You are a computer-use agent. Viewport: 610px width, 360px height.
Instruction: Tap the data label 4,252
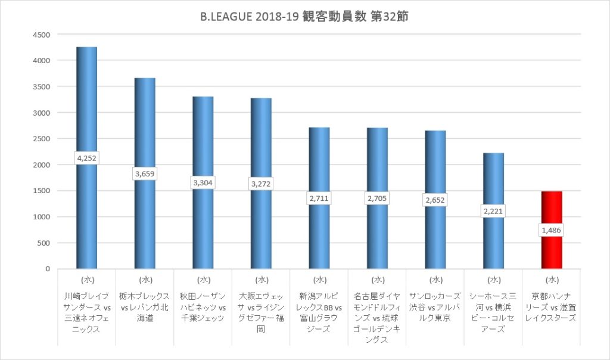(x=86, y=158)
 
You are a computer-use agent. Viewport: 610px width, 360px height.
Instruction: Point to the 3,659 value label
(x=144, y=173)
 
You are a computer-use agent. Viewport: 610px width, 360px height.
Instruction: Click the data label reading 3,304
(x=203, y=183)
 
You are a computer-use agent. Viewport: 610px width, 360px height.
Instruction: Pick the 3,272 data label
(x=260, y=184)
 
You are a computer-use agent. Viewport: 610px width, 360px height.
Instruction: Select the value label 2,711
(x=319, y=198)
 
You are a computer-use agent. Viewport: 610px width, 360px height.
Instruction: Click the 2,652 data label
(x=435, y=200)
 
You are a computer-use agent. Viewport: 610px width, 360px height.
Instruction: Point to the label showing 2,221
(x=493, y=211)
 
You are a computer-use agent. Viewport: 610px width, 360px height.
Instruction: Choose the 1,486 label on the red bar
(x=551, y=230)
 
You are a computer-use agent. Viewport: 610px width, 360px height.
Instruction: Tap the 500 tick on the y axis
(x=43, y=243)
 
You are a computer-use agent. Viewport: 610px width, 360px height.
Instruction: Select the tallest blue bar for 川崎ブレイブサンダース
(x=86, y=101)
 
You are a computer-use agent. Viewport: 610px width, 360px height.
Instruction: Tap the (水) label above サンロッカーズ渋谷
(x=435, y=279)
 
